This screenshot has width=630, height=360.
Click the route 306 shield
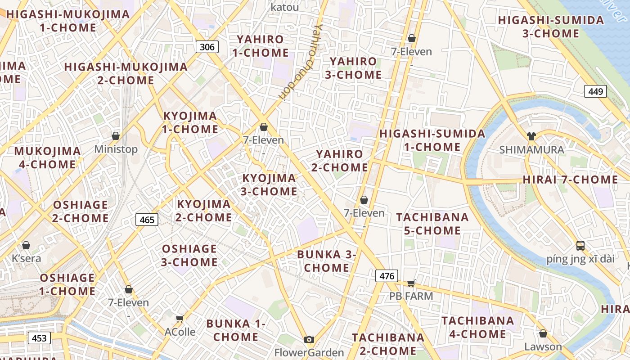[207, 46]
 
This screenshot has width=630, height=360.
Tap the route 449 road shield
[595, 91]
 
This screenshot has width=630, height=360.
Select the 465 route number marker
[147, 220]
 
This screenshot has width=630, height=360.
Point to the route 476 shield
[387, 276]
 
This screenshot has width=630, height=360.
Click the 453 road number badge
[39, 338]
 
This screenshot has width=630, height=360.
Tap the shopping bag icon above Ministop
[116, 135]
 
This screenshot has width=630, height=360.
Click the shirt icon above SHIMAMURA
[531, 136]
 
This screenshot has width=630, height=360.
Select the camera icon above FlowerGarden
[309, 339]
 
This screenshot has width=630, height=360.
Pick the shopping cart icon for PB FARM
[411, 283]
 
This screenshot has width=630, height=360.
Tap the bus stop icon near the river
[580, 246]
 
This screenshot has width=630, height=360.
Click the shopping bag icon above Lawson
[543, 333]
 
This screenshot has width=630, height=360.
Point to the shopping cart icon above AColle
[180, 319]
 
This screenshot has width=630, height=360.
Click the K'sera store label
[26, 258]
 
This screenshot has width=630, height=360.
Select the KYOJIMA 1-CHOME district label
[190, 122]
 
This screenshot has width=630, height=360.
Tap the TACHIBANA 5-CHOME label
[432, 224]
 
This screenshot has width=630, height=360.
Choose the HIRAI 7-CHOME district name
[570, 180]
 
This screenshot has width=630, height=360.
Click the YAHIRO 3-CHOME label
[353, 68]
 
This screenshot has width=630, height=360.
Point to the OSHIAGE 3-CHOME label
[189, 255]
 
